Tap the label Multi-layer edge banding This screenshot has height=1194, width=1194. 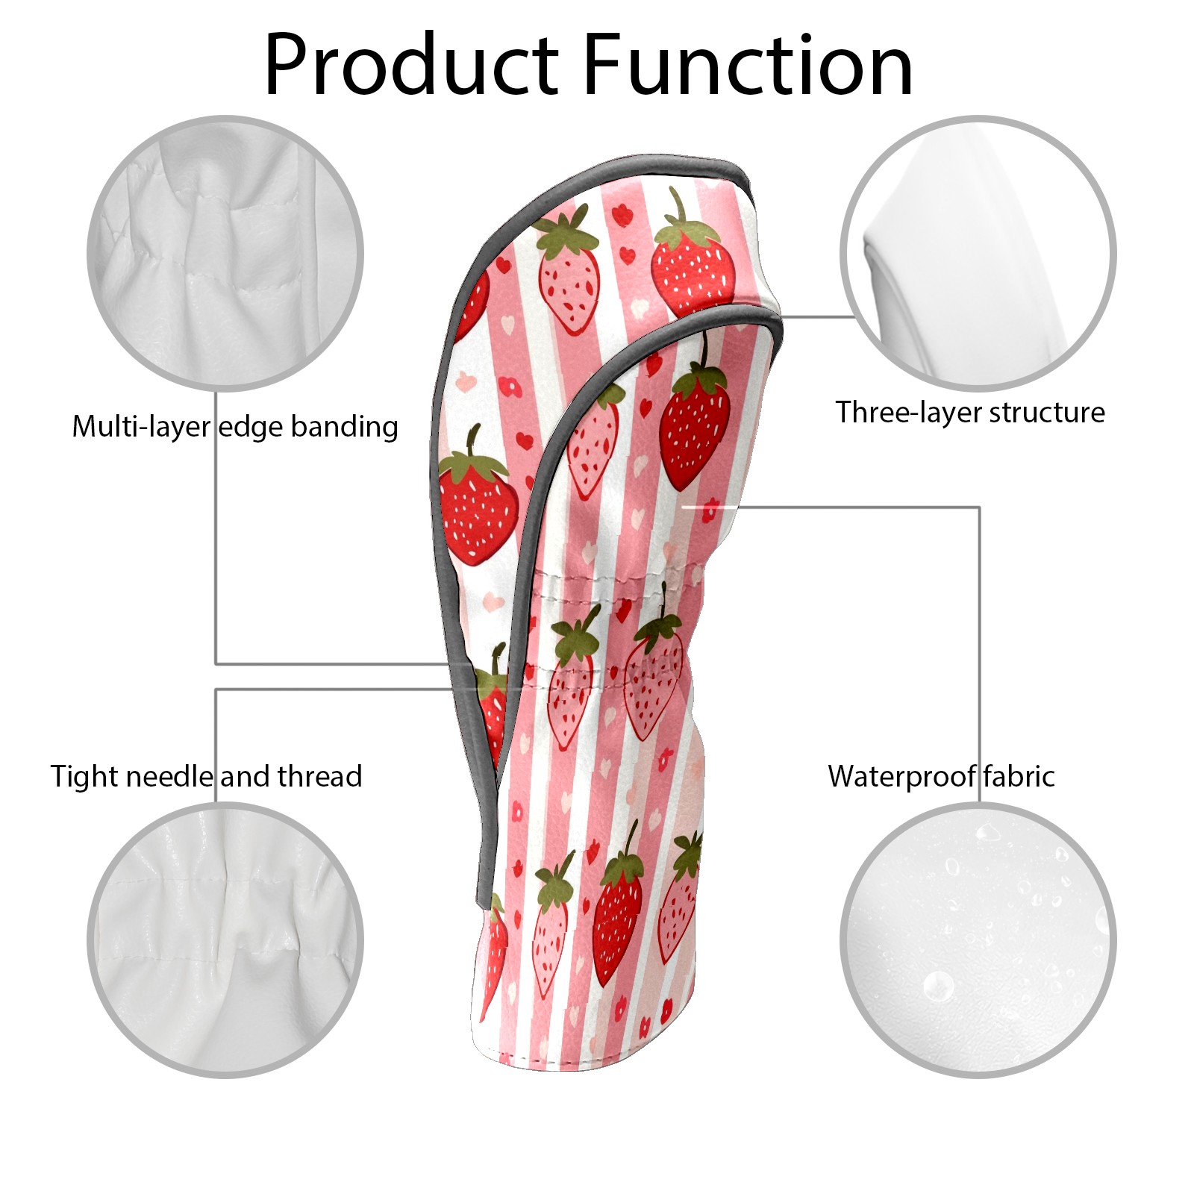pos(235,428)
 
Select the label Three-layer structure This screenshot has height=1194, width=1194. pos(970,413)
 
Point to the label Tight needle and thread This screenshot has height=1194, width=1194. pos(207,776)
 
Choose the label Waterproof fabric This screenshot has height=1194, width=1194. pos(942,776)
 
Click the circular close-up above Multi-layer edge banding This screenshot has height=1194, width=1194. pos(225,253)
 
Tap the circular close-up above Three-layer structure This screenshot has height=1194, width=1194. pos(978,253)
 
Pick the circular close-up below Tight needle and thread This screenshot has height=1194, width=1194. pos(225,940)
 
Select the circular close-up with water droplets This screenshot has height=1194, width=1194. pos(978,940)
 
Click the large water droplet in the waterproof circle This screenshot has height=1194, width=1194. pos(938,987)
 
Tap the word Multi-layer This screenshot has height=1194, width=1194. pos(141,428)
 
